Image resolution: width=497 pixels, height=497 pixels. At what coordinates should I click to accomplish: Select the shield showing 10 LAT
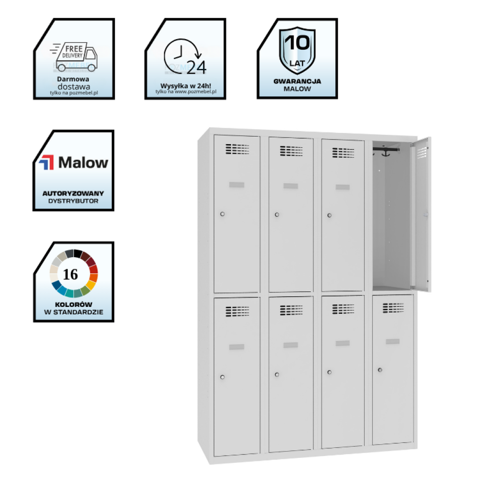[x=297, y=50]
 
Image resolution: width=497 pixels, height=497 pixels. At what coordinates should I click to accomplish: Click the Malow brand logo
[x=74, y=162]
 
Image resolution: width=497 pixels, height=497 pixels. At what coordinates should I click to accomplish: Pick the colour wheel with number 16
[x=74, y=274]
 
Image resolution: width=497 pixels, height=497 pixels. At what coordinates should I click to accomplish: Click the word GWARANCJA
[x=297, y=81]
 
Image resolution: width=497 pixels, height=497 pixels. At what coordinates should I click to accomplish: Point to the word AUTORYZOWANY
[x=74, y=193]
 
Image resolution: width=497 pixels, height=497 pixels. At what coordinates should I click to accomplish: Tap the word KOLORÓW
[x=74, y=304]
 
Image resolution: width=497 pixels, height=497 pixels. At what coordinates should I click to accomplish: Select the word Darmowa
[x=74, y=79]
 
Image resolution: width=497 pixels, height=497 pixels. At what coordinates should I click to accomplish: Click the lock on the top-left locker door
[x=222, y=214]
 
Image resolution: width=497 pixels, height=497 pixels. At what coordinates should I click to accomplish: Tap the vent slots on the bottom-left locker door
[x=237, y=312]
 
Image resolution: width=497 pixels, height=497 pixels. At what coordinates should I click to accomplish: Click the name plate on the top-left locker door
[x=237, y=185]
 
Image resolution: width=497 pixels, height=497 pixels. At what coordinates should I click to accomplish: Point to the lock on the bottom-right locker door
[x=380, y=370]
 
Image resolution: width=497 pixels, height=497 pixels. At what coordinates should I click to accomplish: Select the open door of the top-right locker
[x=421, y=214]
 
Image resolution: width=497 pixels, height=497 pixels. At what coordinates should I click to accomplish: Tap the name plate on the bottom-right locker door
[x=393, y=341]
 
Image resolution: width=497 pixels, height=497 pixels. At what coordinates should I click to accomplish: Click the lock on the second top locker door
[x=277, y=214]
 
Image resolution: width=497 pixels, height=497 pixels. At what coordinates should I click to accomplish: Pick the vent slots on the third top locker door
[x=343, y=152]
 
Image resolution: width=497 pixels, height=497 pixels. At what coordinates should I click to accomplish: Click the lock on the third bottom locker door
[x=329, y=372]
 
